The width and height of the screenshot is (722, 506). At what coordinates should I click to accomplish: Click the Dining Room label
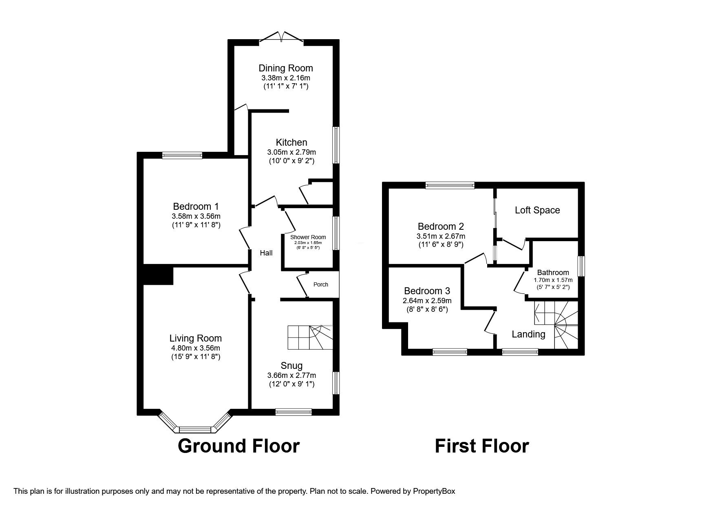coord(286,68)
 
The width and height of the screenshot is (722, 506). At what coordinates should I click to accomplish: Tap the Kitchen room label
coord(291,142)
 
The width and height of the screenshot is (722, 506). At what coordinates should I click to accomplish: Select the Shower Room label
coord(308,237)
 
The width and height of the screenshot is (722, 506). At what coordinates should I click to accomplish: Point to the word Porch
coord(320,284)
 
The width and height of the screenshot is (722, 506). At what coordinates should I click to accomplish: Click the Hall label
coord(266,253)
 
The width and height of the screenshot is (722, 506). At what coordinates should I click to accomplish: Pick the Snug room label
coord(291,365)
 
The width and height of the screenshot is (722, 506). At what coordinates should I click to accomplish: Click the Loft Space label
coord(537,210)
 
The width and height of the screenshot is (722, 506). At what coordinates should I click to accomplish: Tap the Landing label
coord(528,334)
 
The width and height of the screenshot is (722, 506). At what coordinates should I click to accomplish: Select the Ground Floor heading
coord(238,446)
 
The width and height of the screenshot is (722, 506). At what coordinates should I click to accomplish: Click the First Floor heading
coord(482,446)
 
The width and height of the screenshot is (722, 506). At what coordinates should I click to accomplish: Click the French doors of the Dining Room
coord(281,37)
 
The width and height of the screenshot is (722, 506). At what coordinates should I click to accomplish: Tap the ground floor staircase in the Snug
coord(310,337)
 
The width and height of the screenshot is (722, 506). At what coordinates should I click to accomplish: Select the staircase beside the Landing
coord(556,325)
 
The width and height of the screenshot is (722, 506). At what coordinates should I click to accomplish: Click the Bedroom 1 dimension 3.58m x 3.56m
coord(196,216)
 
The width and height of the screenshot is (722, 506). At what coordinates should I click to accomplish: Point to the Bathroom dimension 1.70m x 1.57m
coord(553,280)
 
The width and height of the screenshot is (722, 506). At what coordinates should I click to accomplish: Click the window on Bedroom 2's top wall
coord(450,185)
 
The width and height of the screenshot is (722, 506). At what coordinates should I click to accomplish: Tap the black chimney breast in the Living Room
coord(158,274)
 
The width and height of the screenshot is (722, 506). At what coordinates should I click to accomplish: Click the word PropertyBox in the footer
coord(434,491)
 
